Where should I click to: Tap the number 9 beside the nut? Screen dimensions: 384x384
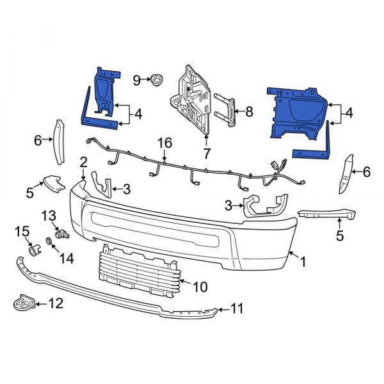(136, 80)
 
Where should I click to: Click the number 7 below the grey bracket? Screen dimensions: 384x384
(206, 153)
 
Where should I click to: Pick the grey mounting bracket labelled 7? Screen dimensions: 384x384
(193, 99)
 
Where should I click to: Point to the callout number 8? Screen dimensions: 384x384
(248, 112)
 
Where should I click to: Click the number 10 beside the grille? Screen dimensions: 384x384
(200, 287)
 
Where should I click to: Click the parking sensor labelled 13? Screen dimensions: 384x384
(61, 234)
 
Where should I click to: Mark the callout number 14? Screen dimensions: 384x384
(66, 258)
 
